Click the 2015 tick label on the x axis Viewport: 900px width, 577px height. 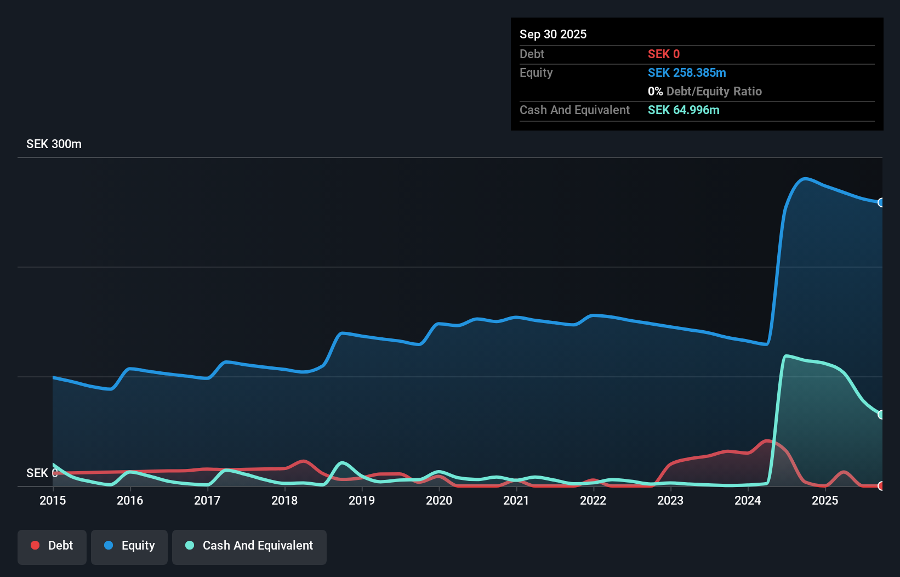pyautogui.click(x=53, y=500)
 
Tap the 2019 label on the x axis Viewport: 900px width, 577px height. pyautogui.click(x=362, y=500)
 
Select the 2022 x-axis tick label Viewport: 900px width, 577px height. pyautogui.click(x=593, y=500)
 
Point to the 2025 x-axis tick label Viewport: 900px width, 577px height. pyautogui.click(x=825, y=500)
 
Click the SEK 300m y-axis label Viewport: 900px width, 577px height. pyautogui.click(x=54, y=144)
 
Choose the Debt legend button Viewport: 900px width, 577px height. pyautogui.click(x=52, y=546)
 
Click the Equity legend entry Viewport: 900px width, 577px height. pyautogui.click(x=129, y=546)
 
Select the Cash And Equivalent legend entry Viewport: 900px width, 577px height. pyautogui.click(x=249, y=546)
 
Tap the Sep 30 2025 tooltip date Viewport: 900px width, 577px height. pyautogui.click(x=553, y=35)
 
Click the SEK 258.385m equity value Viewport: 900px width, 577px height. pyautogui.click(x=687, y=73)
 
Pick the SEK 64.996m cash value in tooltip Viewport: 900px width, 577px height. pyautogui.click(x=683, y=110)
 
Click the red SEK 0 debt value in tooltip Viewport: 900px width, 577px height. pyautogui.click(x=664, y=54)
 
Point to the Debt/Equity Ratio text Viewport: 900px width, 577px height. pyautogui.click(x=714, y=92)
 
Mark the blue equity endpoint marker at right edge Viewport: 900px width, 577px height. pyautogui.click(x=881, y=202)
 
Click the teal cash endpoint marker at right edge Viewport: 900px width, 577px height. pyautogui.click(x=881, y=415)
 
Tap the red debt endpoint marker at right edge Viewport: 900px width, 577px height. pyautogui.click(x=881, y=486)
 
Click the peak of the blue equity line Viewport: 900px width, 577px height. pyautogui.click(x=804, y=178)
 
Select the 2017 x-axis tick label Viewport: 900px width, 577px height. pyautogui.click(x=207, y=500)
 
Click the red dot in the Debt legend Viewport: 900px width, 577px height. pyautogui.click(x=35, y=545)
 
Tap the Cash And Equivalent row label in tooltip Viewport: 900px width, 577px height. pyautogui.click(x=574, y=110)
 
